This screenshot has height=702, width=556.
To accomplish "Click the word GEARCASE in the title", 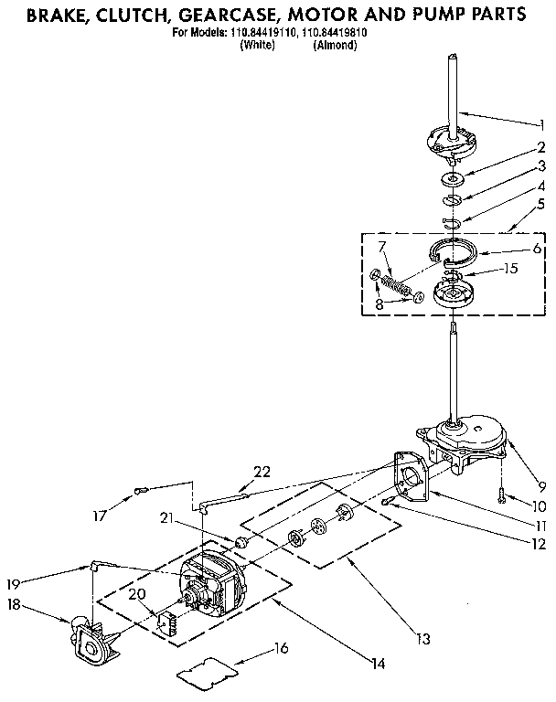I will point(235,16).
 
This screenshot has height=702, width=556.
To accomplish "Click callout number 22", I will point(262,471).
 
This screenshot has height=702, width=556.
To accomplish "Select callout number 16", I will point(281,648).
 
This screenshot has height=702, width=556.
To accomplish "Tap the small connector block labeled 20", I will point(168,624).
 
